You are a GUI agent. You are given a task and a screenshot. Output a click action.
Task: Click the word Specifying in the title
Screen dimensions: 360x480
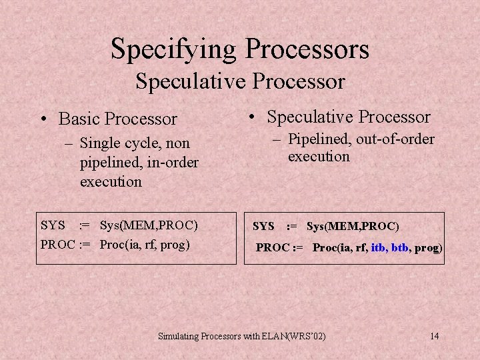(x=175, y=49)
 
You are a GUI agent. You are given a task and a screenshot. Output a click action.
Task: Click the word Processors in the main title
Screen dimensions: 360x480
(x=307, y=49)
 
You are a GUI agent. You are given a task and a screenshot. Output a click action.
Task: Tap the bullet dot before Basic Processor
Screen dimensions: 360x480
(x=43, y=119)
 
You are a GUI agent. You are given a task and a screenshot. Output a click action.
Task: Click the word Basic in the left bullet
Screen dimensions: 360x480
(x=79, y=119)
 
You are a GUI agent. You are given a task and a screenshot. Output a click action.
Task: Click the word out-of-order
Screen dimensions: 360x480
(x=395, y=139)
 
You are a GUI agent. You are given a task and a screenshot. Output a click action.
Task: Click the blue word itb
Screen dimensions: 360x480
(x=380, y=248)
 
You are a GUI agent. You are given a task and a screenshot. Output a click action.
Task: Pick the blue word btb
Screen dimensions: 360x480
(x=400, y=248)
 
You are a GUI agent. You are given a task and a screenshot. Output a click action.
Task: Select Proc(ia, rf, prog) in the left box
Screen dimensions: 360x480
(x=145, y=244)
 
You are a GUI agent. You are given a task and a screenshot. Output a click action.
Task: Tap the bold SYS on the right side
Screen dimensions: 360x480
(x=263, y=227)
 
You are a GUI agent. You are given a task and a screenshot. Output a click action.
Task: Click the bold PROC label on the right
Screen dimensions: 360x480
(x=273, y=248)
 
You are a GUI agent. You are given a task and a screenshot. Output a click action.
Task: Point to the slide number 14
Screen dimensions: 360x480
(x=434, y=336)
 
